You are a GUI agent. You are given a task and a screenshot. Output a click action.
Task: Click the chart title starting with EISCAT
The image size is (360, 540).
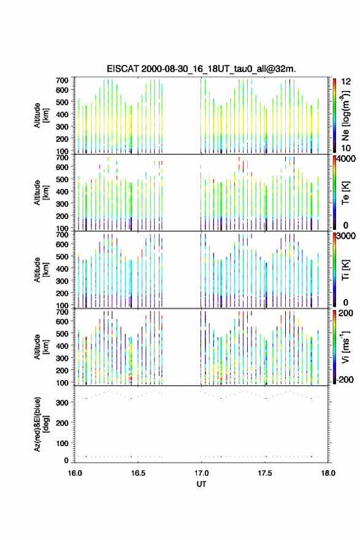(x=201, y=69)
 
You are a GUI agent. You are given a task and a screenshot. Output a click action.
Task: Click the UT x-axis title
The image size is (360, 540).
(x=201, y=484)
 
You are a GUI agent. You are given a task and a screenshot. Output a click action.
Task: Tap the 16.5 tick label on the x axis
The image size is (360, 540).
(x=138, y=473)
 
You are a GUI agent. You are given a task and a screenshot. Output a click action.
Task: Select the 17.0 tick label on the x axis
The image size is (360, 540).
(x=201, y=473)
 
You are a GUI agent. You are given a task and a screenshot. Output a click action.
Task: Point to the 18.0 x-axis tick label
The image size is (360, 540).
(x=328, y=473)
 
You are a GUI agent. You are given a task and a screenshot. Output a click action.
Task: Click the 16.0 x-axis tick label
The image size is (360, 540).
(x=75, y=473)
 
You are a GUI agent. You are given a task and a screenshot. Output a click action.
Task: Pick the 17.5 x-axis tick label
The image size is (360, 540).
(x=265, y=473)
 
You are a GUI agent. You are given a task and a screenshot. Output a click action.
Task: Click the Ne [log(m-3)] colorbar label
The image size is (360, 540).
(x=345, y=115)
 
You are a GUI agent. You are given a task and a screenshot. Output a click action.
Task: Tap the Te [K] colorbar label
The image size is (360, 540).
(x=345, y=193)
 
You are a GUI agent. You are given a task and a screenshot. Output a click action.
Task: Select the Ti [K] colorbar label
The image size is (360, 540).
(x=345, y=270)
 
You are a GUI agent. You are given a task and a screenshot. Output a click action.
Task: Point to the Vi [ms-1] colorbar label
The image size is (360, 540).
(x=345, y=347)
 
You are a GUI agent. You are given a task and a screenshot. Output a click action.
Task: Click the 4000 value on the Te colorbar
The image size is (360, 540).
(x=347, y=159)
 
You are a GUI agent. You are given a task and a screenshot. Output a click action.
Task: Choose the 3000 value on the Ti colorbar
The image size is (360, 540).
(x=347, y=236)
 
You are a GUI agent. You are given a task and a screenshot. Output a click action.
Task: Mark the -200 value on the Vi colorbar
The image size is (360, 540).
(x=345, y=379)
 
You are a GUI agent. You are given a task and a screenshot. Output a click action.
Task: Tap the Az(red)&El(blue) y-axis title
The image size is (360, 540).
(x=40, y=424)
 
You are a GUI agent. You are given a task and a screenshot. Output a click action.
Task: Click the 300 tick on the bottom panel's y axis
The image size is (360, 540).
(x=63, y=403)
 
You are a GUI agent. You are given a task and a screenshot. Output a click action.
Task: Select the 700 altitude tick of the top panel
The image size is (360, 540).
(x=63, y=80)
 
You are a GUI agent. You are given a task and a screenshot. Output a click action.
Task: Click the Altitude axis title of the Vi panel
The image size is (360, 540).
(x=40, y=347)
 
